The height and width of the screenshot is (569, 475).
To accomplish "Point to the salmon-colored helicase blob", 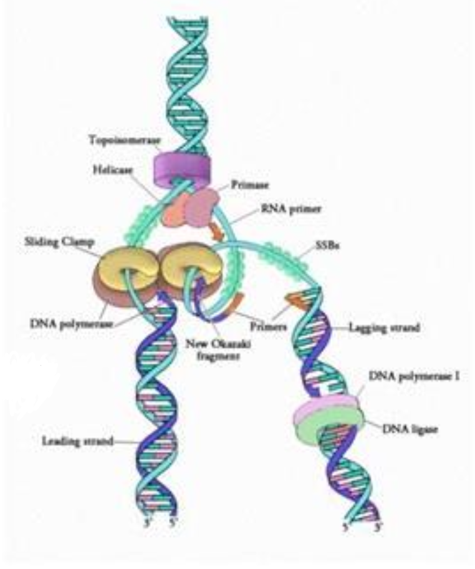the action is pyautogui.click(x=175, y=210).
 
